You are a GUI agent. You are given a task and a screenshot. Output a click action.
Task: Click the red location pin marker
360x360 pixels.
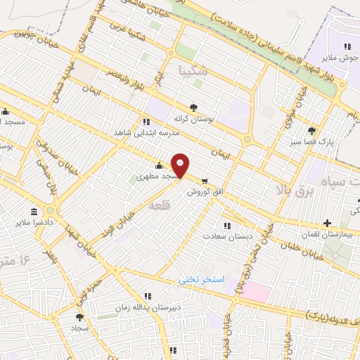[181, 165]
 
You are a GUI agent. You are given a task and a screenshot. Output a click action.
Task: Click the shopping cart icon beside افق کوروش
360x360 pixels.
[205, 181]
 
